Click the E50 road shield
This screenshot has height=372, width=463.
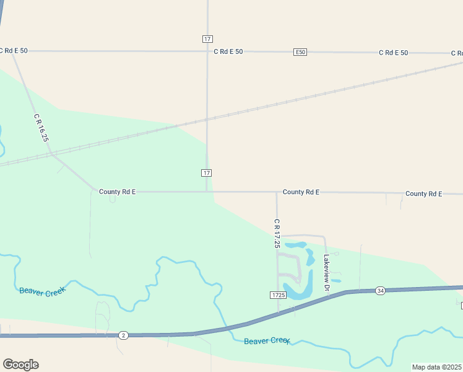point(300,52)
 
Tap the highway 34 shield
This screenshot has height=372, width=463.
point(380,291)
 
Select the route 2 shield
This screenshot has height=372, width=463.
point(124,335)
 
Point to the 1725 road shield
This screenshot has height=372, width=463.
point(278,295)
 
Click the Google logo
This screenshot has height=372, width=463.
point(20,365)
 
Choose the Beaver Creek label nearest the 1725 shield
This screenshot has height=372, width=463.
point(267,341)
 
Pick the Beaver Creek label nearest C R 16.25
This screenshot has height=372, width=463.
point(42,291)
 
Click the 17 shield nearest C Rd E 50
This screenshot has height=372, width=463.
point(207,38)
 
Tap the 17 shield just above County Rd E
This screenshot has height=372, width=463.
point(207,172)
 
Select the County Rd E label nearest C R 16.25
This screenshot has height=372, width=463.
point(117,192)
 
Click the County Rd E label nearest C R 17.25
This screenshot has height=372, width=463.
point(301,192)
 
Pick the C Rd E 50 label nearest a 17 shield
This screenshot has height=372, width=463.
point(228,52)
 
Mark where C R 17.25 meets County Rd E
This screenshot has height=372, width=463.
point(277,192)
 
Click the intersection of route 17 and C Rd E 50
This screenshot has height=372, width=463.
point(207,51)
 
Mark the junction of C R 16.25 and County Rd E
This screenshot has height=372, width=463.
point(94,190)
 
